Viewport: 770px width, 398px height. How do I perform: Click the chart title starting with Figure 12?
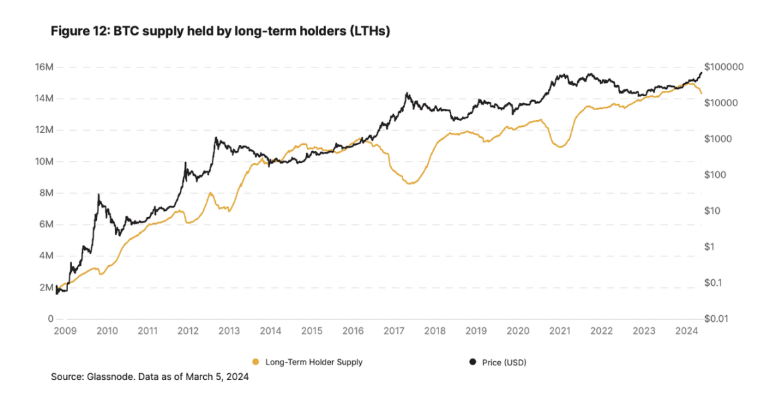click(220, 32)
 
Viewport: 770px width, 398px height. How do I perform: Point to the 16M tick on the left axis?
click(44, 67)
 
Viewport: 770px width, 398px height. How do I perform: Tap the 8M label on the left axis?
click(45, 193)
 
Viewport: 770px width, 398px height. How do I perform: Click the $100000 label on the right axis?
click(724, 67)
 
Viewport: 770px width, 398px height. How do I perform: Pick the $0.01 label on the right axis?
click(717, 319)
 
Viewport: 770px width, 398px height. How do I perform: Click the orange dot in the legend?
click(255, 362)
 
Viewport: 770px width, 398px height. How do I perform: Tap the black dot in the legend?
click(473, 362)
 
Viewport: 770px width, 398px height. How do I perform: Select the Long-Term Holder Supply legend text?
click(314, 362)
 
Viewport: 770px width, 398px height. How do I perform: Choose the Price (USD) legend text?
click(505, 362)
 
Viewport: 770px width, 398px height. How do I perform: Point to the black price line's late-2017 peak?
click(406, 93)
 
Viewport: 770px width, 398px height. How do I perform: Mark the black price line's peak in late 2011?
click(185, 162)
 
